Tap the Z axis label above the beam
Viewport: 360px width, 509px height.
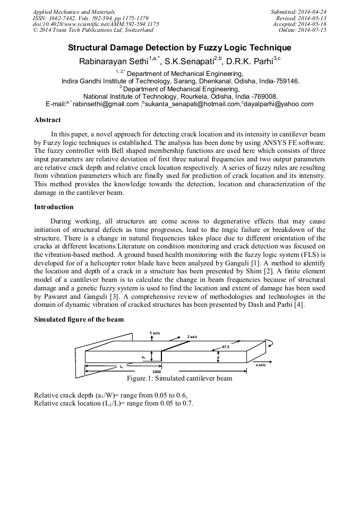coord(192,337)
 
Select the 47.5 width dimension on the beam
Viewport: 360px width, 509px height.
coord(225,347)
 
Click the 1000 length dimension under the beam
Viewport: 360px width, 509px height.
coord(157,372)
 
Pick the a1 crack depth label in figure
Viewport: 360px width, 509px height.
coord(143,357)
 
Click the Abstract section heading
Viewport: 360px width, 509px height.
coord(47,120)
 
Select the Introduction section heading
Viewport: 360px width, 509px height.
coord(54,206)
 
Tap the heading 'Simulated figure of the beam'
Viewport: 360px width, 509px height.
coord(79,319)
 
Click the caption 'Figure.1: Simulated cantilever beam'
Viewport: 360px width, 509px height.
coord(179,379)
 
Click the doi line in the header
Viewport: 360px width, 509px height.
coord(96,24)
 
